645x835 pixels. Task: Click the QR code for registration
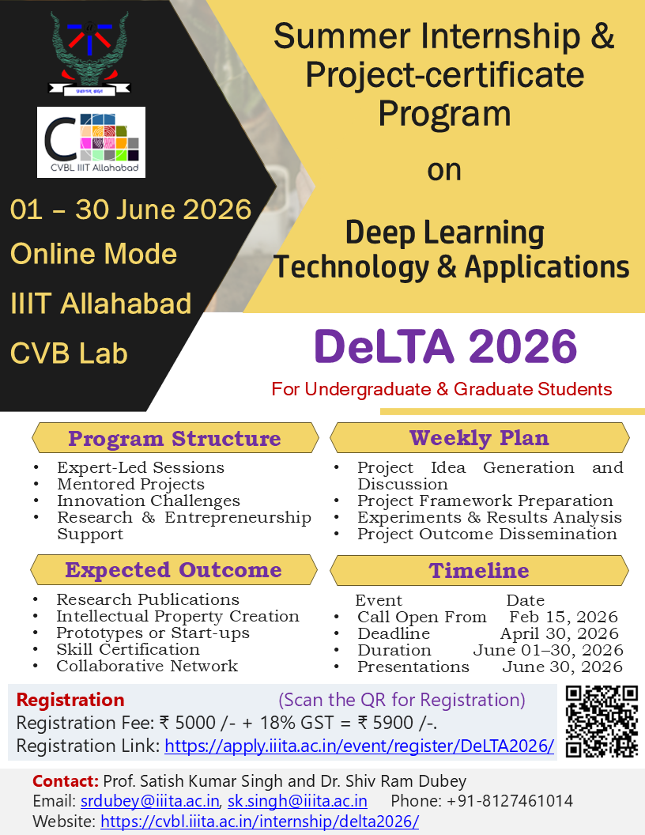602,721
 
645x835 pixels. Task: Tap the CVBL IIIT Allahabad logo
91,142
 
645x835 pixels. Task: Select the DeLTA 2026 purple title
446,346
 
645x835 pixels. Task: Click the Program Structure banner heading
174,438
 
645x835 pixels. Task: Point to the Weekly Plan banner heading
479,437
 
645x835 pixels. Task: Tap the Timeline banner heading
479,570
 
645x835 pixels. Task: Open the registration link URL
359,746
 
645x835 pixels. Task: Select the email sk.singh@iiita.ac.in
297,801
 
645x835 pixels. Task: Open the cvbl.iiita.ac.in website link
260,822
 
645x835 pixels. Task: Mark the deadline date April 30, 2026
559,633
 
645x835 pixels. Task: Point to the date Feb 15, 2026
563,617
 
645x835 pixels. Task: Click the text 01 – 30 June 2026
130,210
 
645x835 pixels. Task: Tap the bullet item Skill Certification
127,649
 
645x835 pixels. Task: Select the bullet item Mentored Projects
130,484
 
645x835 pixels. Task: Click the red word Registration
70,700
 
